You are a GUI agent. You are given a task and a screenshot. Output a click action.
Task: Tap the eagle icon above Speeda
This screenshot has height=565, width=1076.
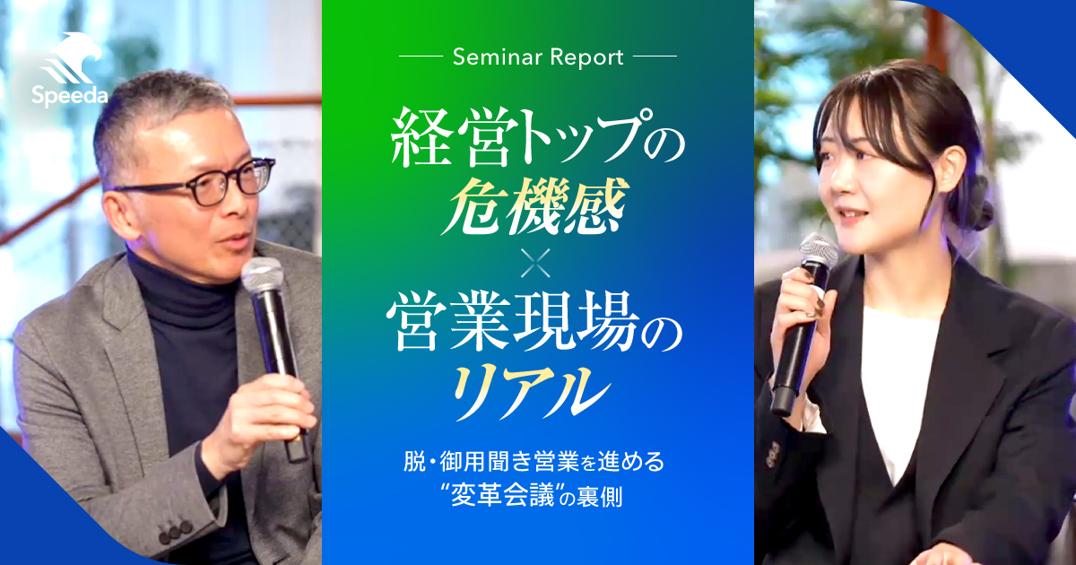72,59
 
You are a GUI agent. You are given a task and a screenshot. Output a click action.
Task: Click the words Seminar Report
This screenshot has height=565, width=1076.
538,57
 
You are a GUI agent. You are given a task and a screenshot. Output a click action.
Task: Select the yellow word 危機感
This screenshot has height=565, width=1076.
536,201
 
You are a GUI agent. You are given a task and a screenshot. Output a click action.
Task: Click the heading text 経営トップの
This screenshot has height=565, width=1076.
536,136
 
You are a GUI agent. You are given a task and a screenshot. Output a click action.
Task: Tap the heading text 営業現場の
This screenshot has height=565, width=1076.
536,327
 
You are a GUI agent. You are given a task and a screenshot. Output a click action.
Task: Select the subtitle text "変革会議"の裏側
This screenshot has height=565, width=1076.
536,497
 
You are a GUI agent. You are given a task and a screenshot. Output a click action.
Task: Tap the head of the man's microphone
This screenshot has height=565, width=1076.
262,278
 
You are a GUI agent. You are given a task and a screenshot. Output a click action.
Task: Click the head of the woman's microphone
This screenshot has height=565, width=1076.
818,254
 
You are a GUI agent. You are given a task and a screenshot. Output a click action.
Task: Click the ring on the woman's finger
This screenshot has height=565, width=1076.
817,310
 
